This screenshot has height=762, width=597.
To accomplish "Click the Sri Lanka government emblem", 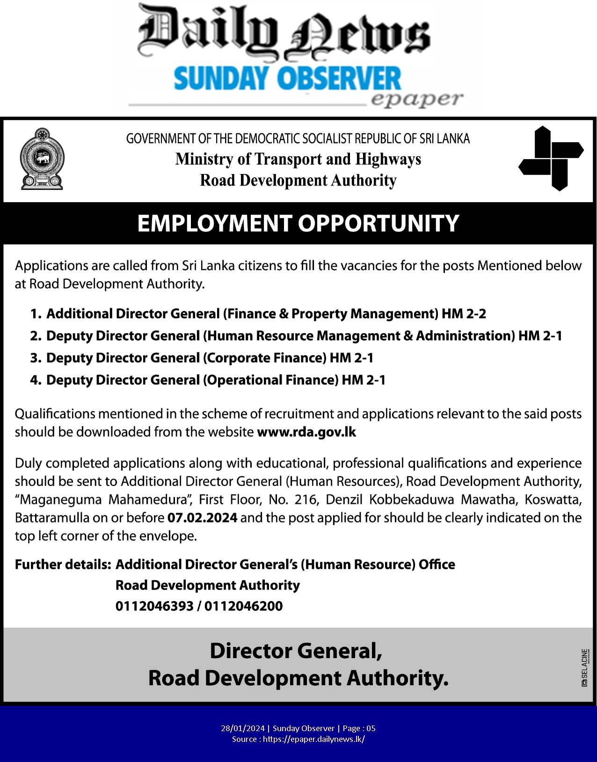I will pyautogui.click(x=42, y=159).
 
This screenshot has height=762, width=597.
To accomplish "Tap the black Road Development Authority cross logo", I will pyautogui.click(x=551, y=158).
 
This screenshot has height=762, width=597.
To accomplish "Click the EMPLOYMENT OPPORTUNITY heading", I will pyautogui.click(x=298, y=223).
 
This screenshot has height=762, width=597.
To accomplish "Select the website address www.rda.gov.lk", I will pyautogui.click(x=306, y=432).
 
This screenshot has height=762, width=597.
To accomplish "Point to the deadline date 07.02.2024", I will pyautogui.click(x=202, y=518).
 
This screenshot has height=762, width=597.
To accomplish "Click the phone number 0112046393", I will pyautogui.click(x=154, y=606).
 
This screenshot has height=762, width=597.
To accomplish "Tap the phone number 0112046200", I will pyautogui.click(x=243, y=606).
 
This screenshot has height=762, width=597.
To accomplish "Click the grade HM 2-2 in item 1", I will pyautogui.click(x=464, y=313).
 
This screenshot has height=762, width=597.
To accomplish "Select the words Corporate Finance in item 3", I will pyautogui.click(x=264, y=358).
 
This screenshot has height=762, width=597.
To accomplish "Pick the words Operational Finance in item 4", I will pyautogui.click(x=270, y=380).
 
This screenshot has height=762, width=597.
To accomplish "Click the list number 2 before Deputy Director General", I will pyautogui.click(x=36, y=336).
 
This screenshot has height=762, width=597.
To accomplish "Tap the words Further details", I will pyautogui.click(x=63, y=565).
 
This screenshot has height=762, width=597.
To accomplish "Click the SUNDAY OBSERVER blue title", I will pyautogui.click(x=287, y=78).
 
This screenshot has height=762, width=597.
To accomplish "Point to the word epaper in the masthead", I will pyautogui.click(x=416, y=99).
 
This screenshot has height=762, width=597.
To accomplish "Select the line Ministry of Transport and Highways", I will pyautogui.click(x=298, y=159).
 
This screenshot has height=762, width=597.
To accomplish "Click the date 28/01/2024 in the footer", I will pyautogui.click(x=243, y=728).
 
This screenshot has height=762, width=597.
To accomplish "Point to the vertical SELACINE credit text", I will pyautogui.click(x=584, y=667).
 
